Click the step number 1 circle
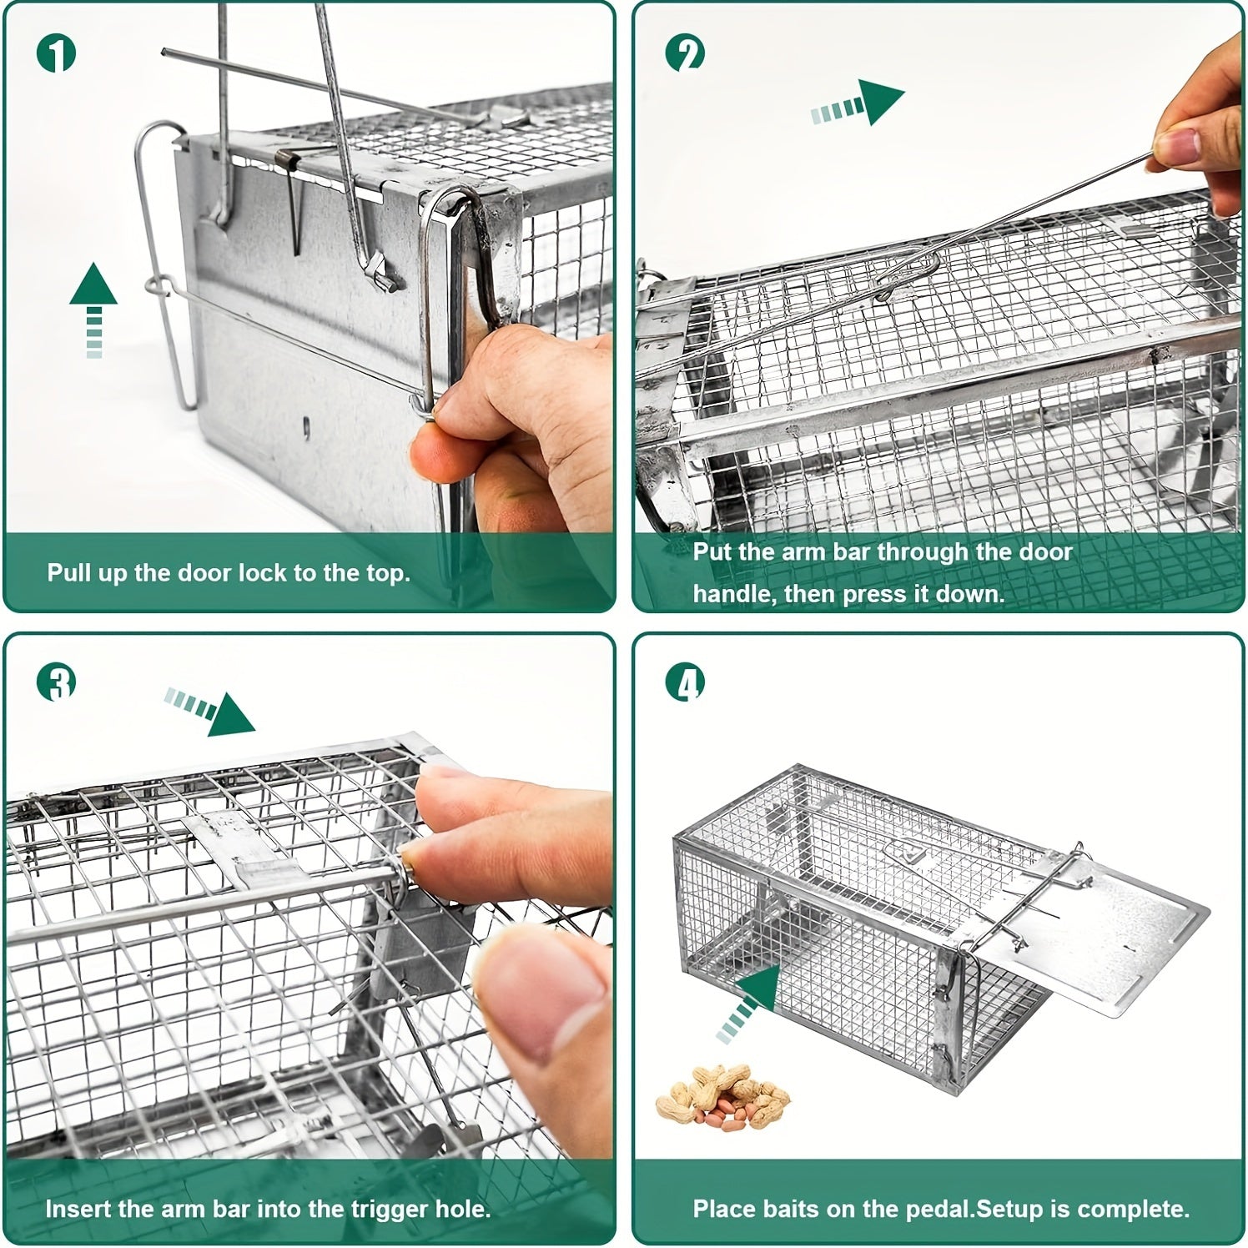click(x=56, y=54)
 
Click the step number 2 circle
click(x=685, y=53)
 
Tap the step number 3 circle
click(x=56, y=682)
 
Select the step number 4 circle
click(x=685, y=682)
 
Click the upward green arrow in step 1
click(x=93, y=309)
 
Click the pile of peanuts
click(x=722, y=1095)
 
